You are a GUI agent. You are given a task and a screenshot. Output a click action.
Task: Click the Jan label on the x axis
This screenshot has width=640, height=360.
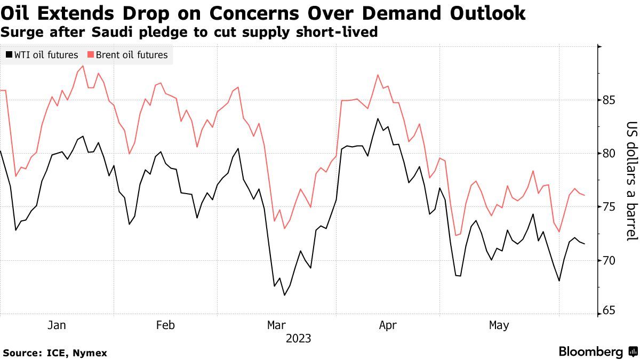pos(57,325)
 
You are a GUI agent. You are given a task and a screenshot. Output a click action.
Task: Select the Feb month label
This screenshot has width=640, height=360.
pos(165,325)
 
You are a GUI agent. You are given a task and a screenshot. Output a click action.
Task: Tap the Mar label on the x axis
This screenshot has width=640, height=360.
pos(276,325)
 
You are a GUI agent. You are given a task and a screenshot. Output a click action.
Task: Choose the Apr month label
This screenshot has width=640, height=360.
pos(387,325)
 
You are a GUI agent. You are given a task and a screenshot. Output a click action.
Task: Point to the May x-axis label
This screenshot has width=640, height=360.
pos(499,325)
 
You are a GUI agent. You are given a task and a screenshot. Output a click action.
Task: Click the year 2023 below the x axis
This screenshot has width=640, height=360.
pos(298,339)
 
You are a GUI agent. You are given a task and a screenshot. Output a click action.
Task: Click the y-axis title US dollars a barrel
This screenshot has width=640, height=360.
pos(632,181)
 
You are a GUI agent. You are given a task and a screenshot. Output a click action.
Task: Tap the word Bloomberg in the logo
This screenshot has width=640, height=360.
pos(591,352)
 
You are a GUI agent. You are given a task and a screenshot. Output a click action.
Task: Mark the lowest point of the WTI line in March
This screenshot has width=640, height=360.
pos(284,295)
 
